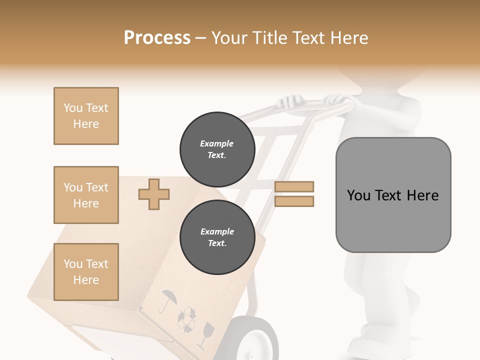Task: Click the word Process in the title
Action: pos(157,38)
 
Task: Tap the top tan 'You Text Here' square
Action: pos(86,116)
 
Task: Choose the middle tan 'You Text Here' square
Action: pos(86,195)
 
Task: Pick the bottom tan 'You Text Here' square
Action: pos(86,272)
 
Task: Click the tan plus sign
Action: pos(154,194)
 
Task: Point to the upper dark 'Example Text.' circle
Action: pos(217,149)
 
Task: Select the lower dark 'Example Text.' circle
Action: pos(217,237)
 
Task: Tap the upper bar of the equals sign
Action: pos(294,186)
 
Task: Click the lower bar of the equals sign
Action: pos(294,201)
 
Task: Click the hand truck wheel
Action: pos(256,340)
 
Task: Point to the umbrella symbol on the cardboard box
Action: pos(168,300)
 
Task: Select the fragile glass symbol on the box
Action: pos(205,334)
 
